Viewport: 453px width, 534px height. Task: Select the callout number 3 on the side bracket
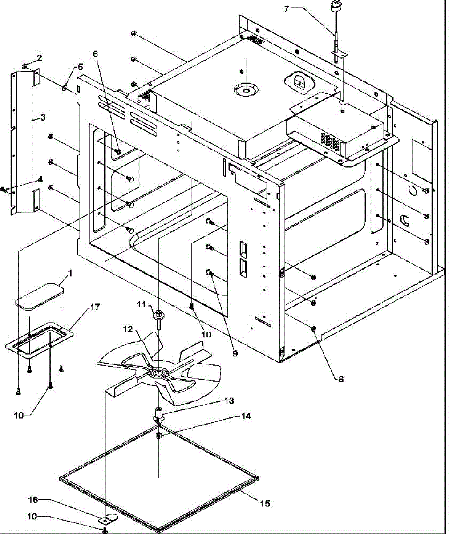pyautogui.click(x=43, y=117)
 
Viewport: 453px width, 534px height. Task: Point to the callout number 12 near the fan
pyautogui.click(x=128, y=329)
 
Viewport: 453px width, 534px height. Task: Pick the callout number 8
pyautogui.click(x=340, y=379)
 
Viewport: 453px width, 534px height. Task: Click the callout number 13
pyautogui.click(x=229, y=401)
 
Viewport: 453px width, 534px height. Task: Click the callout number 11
pyautogui.click(x=141, y=304)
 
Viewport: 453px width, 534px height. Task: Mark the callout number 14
pyautogui.click(x=246, y=416)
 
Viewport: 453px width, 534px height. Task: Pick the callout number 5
pyautogui.click(x=80, y=67)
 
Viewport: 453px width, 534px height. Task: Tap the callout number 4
pyautogui.click(x=40, y=180)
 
